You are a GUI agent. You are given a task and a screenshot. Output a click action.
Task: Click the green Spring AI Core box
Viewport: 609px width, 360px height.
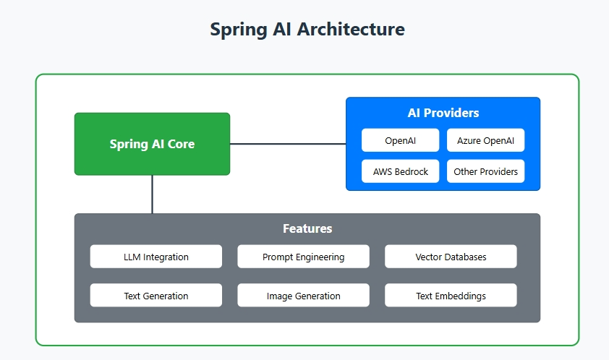pyautogui.click(x=152, y=144)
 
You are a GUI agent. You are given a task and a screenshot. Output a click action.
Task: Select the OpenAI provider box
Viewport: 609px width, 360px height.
pyautogui.click(x=400, y=140)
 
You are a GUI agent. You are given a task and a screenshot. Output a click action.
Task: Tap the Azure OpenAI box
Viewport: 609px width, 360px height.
pyautogui.click(x=485, y=140)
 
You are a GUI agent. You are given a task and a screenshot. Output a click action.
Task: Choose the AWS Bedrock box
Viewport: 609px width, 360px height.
pyautogui.click(x=400, y=171)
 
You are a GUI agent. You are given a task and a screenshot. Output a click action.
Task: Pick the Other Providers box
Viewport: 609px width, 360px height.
pyautogui.click(x=485, y=171)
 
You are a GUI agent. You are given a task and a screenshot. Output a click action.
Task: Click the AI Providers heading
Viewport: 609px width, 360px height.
pyautogui.click(x=443, y=113)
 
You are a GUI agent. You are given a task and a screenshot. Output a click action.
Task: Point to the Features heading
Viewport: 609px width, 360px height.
pyautogui.click(x=307, y=228)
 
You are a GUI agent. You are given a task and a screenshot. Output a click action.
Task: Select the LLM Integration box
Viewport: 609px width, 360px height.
pyautogui.click(x=156, y=257)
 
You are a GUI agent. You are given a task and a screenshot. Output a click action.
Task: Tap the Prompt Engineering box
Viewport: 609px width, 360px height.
pyautogui.click(x=303, y=257)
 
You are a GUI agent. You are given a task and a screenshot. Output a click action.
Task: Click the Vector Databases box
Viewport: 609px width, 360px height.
pyautogui.click(x=451, y=257)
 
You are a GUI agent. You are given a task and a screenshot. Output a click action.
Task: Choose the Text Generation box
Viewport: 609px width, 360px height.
pyautogui.click(x=156, y=296)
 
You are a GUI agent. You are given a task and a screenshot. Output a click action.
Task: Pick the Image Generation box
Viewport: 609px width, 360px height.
pyautogui.click(x=303, y=296)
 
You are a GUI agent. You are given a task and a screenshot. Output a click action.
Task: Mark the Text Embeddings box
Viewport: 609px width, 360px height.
pyautogui.click(x=451, y=296)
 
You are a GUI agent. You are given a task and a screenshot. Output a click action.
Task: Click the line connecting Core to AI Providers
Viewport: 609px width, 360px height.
pyautogui.click(x=288, y=144)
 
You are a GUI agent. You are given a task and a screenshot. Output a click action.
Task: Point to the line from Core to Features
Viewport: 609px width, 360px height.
pyautogui.click(x=152, y=194)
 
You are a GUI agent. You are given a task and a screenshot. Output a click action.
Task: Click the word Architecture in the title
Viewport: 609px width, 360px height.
pyautogui.click(x=351, y=30)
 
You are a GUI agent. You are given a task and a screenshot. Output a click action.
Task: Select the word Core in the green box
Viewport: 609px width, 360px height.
pyautogui.click(x=181, y=144)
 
